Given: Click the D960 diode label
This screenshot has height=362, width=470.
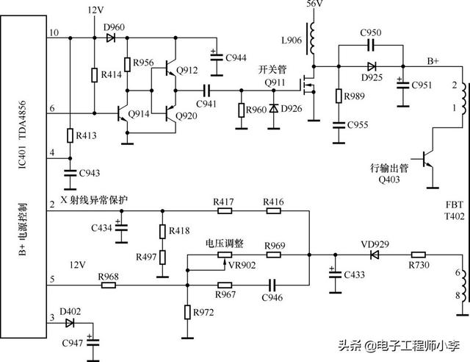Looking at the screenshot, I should point(114,26).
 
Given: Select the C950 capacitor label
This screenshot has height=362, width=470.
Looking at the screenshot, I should point(372,34).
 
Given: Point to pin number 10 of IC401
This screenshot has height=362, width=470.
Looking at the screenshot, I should point(52,33).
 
